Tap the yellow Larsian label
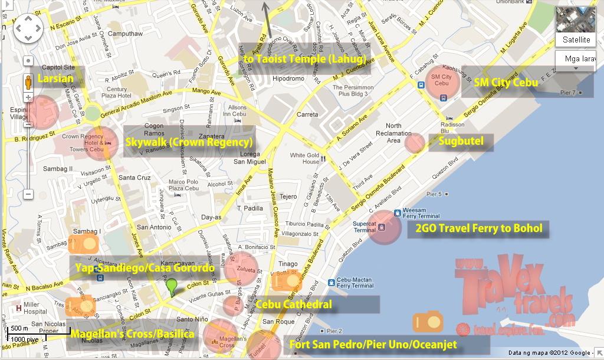pos(55,78)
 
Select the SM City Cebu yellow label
pos(506,83)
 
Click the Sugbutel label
pos(461,140)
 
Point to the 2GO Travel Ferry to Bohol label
pos(478,228)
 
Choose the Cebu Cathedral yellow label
pos(294,305)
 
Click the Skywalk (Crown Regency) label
pos(189,142)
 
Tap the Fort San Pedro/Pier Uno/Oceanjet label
pos(373,345)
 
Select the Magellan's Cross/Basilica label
pos(132,334)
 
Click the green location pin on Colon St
pos(172,287)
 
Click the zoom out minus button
pos(28,194)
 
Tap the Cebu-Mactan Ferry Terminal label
pos(354,283)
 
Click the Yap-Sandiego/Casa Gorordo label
pos(145,268)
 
